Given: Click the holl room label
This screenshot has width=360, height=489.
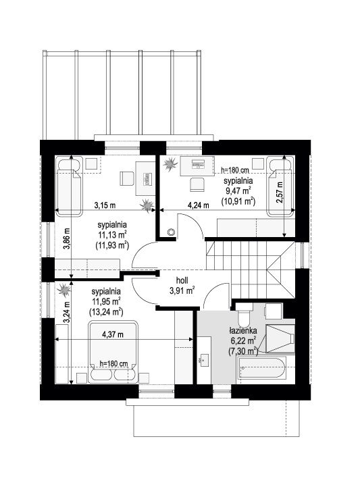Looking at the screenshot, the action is tap(182, 280).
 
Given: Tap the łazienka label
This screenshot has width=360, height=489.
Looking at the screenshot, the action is tap(243, 330).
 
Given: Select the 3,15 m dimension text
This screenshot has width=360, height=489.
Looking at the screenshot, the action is tap(105, 205).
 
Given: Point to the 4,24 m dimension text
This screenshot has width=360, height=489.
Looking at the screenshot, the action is tap(199, 205).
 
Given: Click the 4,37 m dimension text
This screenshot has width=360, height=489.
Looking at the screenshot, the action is tap(113, 334).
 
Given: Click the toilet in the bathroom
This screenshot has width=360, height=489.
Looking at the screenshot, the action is tap(244, 313).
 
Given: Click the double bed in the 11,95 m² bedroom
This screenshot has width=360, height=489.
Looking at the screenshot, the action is tap(113, 352).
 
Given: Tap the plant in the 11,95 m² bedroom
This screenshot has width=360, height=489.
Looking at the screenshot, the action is tap(64, 290).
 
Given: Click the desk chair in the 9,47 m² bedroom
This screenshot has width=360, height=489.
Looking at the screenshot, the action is tap(197, 184).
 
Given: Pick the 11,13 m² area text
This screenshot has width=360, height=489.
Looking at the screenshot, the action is tap(112, 235).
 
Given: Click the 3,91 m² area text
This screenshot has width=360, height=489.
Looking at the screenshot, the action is tap(182, 291).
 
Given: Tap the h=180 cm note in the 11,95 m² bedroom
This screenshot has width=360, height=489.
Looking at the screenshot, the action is tap(114, 363).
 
